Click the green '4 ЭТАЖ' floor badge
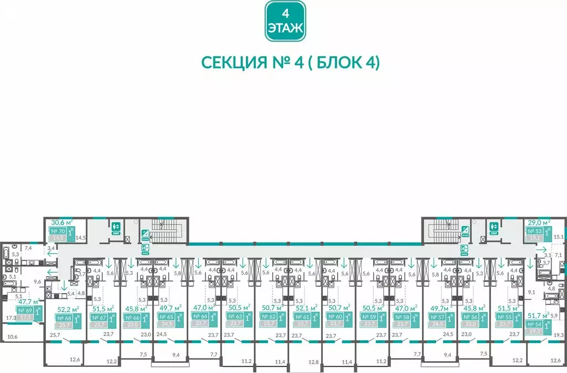pyautogui.click(x=285, y=21)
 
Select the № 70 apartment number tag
pyautogui.click(x=58, y=231)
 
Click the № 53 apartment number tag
pyautogui.click(x=534, y=231)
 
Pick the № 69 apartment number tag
pyautogui.click(x=25, y=311)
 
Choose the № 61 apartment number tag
pyautogui.click(x=302, y=316)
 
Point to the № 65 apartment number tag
pyautogui.click(x=166, y=316)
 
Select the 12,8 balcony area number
pyautogui.click(x=298, y=362)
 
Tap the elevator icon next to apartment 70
pyautogui.click(x=116, y=227)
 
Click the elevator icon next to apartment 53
pyautogui.click(x=492, y=227)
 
